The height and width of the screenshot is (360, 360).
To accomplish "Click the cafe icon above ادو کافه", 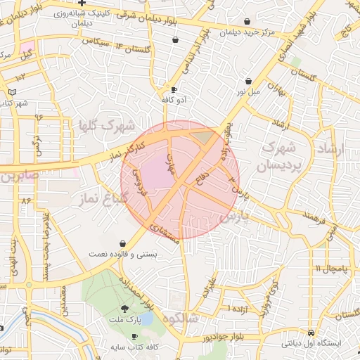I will (x=174, y=90).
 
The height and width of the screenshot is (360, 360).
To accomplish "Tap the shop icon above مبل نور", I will (x=248, y=82).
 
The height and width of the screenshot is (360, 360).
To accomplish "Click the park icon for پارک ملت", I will (x=125, y=309).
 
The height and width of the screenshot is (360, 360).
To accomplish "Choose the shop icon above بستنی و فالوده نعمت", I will (x=123, y=243).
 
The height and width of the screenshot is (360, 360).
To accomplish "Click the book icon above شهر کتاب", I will (x=12, y=92).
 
